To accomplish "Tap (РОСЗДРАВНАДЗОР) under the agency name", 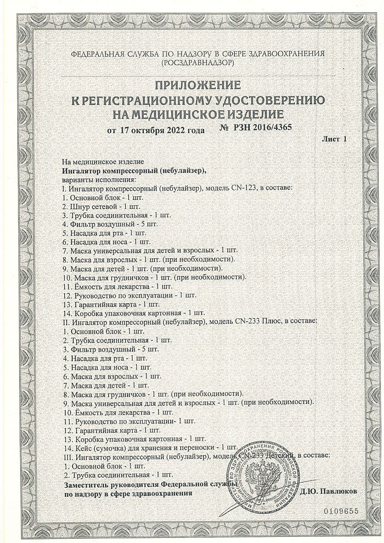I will coord(191,63).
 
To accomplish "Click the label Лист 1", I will coord(334,139).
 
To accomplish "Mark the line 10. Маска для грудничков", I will coord(154,277).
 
